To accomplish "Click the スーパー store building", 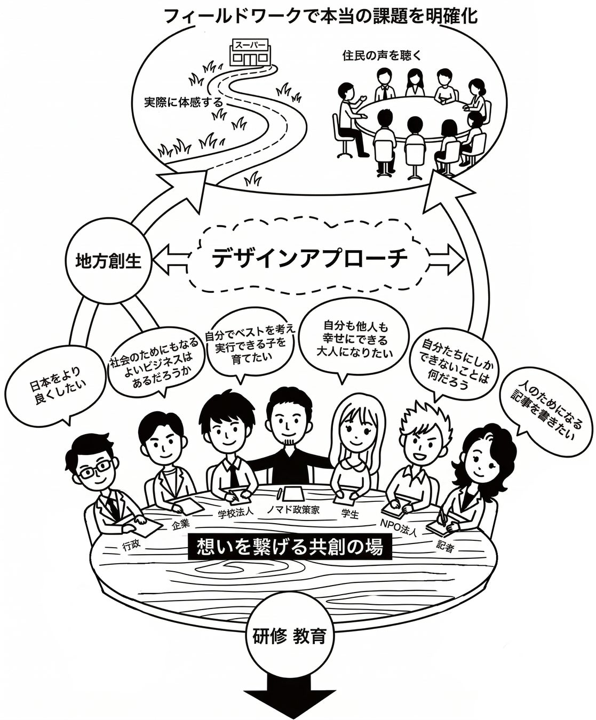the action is coord(249,51).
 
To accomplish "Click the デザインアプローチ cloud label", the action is coord(309,259).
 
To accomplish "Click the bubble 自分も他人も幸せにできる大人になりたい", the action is coord(355,339).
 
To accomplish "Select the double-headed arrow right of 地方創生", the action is coord(171,258).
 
